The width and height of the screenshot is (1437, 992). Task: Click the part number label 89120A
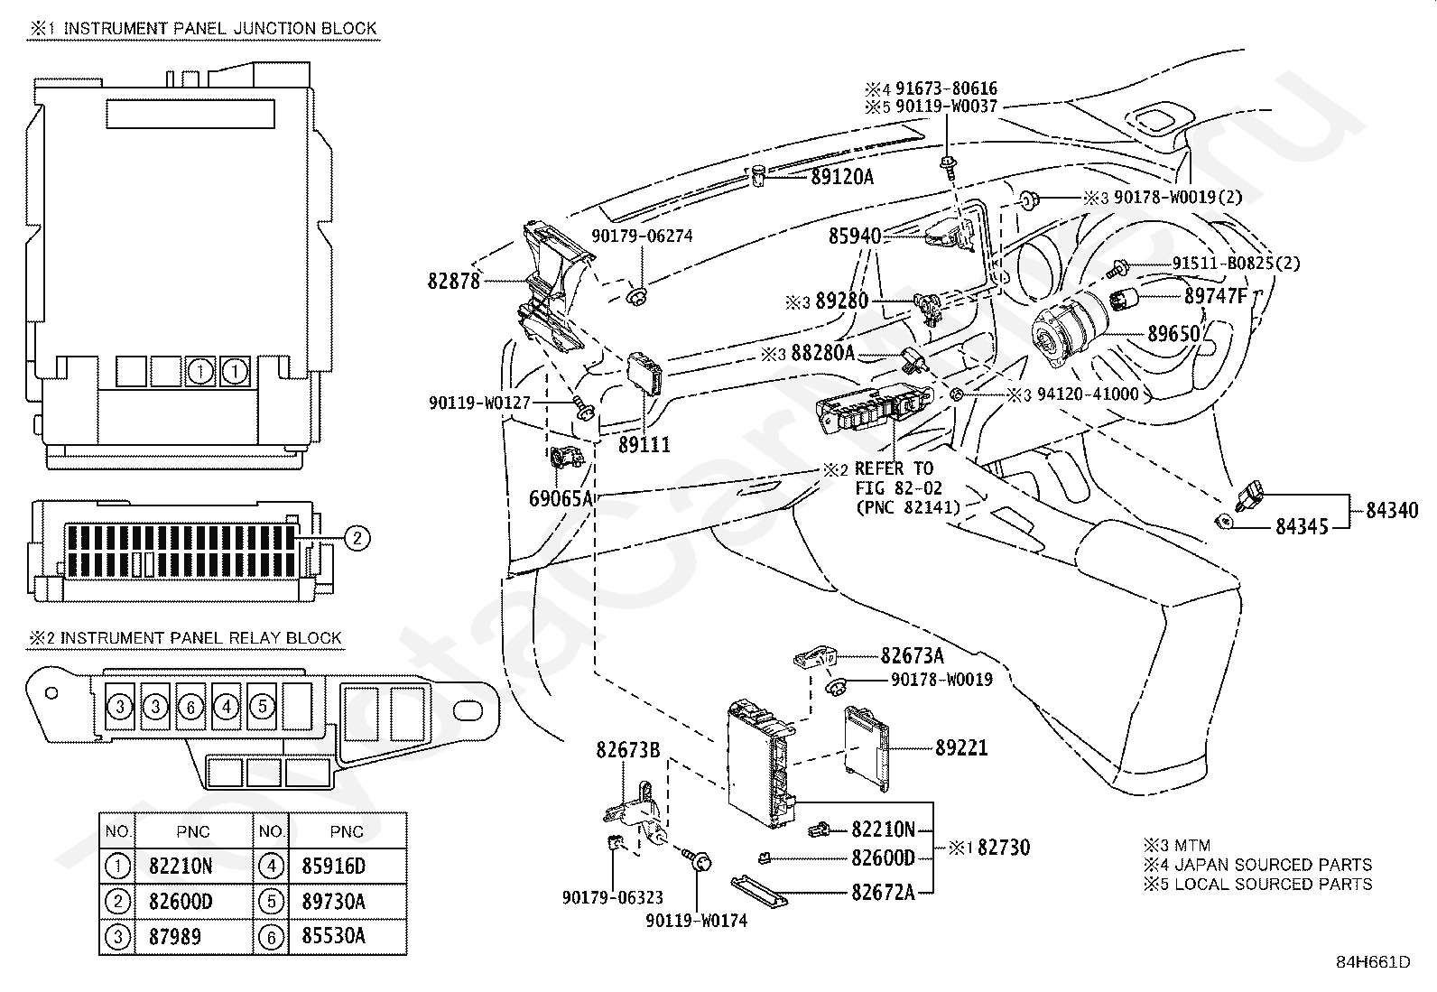pyautogui.click(x=841, y=177)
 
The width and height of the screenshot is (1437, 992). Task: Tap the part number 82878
pyautogui.click(x=453, y=281)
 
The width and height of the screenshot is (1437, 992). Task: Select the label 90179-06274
pyautogui.click(x=642, y=236)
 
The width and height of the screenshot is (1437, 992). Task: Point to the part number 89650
pyautogui.click(x=1173, y=334)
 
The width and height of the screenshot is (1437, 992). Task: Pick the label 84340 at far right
pyautogui.click(x=1392, y=510)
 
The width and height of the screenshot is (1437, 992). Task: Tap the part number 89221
pyautogui.click(x=961, y=747)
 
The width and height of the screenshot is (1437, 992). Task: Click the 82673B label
pyautogui.click(x=627, y=749)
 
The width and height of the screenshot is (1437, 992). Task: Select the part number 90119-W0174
pyautogui.click(x=696, y=921)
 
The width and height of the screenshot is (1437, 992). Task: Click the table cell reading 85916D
pyautogui.click(x=334, y=867)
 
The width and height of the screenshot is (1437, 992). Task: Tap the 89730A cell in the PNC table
pyautogui.click(x=334, y=902)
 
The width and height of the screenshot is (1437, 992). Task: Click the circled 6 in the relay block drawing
pyautogui.click(x=190, y=707)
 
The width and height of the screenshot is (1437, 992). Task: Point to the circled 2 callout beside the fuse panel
pyautogui.click(x=357, y=538)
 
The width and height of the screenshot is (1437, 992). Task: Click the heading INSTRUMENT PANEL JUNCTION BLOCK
pyautogui.click(x=220, y=28)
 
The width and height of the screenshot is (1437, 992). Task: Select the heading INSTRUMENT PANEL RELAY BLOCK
pyautogui.click(x=200, y=638)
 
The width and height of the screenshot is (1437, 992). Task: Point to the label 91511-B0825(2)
pyautogui.click(x=1237, y=263)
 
